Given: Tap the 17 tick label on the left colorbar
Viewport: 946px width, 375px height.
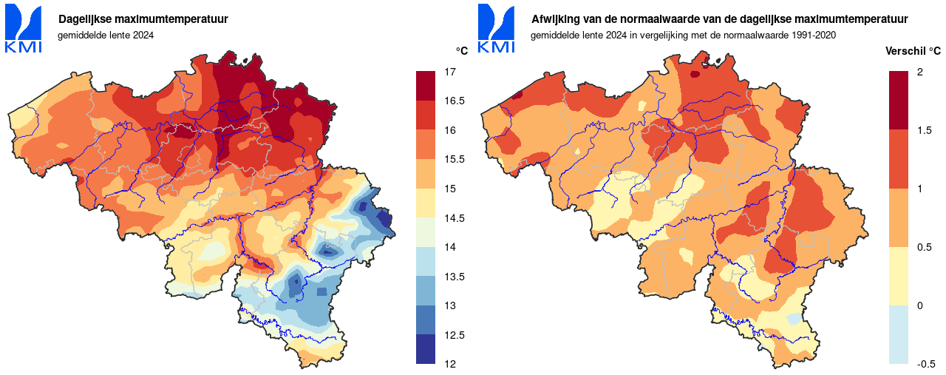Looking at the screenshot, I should pyautogui.click(x=449, y=72).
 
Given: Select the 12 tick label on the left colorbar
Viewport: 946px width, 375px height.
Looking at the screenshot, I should pyautogui.click(x=449, y=364).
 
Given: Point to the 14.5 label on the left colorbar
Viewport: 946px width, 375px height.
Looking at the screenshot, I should pyautogui.click(x=454, y=218).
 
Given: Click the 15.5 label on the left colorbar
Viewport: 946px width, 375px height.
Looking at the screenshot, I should pyautogui.click(x=454, y=160).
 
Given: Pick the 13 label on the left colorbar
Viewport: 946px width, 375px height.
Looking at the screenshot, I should pyautogui.click(x=449, y=305).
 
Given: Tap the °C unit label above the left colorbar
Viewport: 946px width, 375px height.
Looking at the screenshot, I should pyautogui.click(x=461, y=51).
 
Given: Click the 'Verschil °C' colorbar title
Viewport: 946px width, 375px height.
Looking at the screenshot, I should pyautogui.click(x=913, y=51).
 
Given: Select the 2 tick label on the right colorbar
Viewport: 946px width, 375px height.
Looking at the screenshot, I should pyautogui.click(x=919, y=72).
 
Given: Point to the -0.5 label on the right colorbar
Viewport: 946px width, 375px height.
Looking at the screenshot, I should pyautogui.click(x=926, y=364).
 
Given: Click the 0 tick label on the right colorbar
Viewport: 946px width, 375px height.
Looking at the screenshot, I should pyautogui.click(x=919, y=305).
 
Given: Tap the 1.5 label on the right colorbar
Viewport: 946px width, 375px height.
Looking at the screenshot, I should pyautogui.click(x=924, y=130).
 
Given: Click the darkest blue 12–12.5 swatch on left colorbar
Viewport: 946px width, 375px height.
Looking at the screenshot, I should pyautogui.click(x=426, y=349).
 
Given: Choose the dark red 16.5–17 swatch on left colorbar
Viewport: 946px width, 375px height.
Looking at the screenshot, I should pyautogui.click(x=426, y=86).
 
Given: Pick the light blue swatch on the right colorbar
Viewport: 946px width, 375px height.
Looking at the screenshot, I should pyautogui.click(x=898, y=334).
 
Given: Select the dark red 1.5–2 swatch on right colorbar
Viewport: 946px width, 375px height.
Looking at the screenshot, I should pyautogui.click(x=898, y=101).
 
